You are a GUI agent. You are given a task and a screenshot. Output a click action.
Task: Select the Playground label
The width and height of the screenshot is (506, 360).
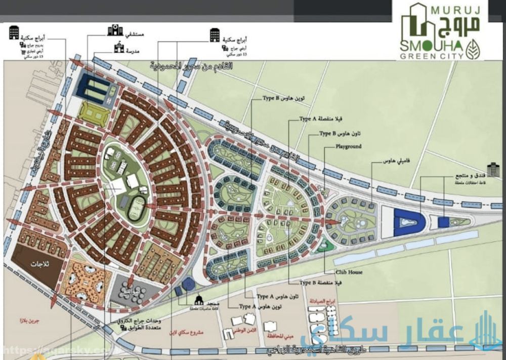[349, 146]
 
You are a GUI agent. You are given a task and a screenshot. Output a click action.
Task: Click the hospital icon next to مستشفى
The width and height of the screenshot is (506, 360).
[115, 30]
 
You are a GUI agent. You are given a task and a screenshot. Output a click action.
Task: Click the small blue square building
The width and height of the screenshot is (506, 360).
[443, 222]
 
